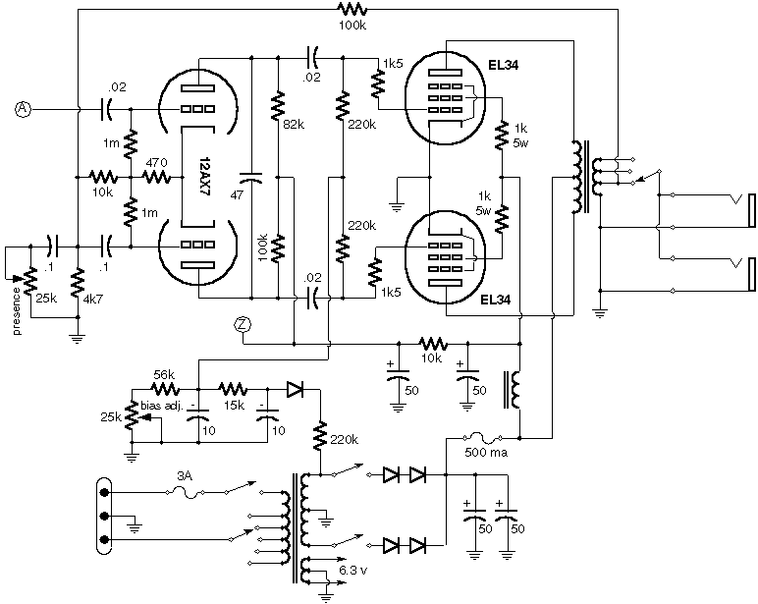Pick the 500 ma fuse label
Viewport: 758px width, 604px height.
(x=481, y=455)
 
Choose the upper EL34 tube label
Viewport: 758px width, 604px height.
(x=503, y=66)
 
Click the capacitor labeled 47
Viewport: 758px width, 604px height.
(x=252, y=180)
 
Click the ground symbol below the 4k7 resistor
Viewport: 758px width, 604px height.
(x=78, y=337)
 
